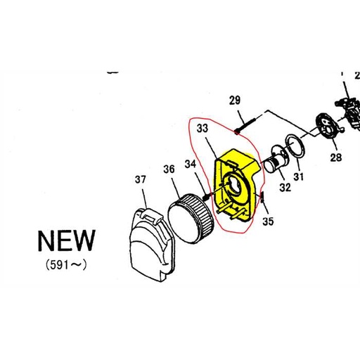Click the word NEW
pos(65,240)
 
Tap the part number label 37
pos(140,180)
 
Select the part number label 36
pos(169,169)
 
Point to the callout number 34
pos(191,165)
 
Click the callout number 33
pos(202,129)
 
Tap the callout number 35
pos(268,222)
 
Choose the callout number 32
pos(285,187)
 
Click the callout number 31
pos(299,176)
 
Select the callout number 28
pos(335,157)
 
